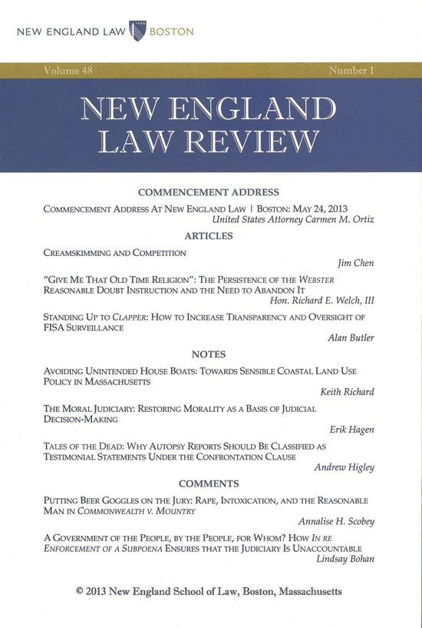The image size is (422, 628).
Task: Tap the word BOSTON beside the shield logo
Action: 171,33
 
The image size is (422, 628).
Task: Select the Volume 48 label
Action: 55,70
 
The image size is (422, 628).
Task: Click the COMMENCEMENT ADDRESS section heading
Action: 207,192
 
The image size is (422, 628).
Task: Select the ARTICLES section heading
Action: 207,236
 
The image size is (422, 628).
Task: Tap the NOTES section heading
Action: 207,355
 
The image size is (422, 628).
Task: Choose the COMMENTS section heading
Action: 207,483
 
